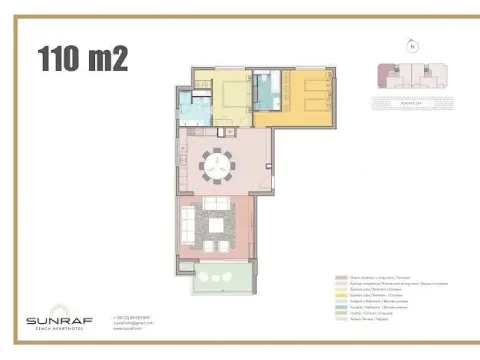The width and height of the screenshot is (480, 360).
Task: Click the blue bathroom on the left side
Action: [x=192, y=108]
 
